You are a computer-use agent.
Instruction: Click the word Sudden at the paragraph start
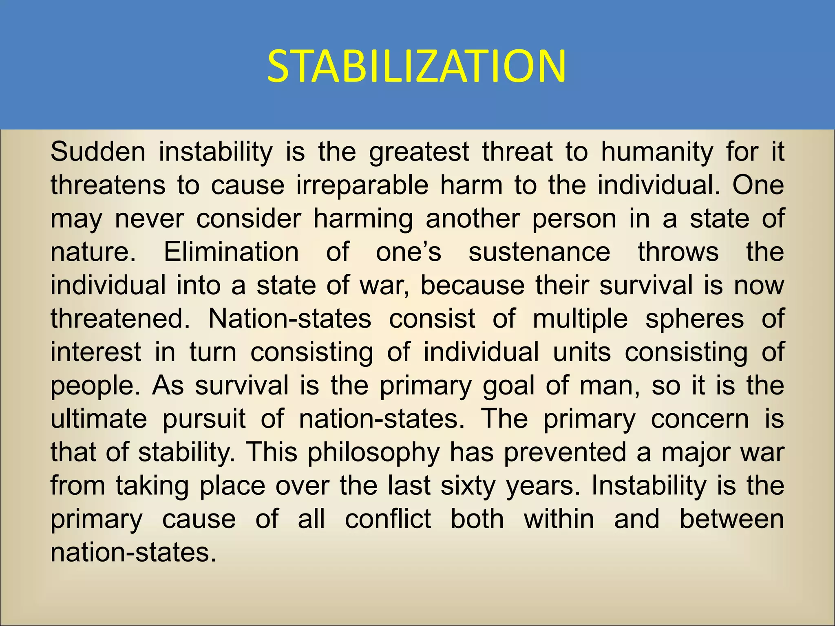98,152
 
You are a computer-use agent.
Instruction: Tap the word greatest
419,152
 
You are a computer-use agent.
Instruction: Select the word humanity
657,152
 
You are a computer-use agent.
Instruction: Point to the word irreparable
362,186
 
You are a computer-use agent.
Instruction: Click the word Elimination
231,252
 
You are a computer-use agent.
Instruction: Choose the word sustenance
539,252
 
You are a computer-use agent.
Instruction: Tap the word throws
678,252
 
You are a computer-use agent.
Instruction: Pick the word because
473,285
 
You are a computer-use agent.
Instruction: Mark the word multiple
580,319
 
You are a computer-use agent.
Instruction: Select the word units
582,352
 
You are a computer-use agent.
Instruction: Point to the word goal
508,386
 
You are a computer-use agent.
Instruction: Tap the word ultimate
99,419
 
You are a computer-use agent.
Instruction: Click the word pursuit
204,419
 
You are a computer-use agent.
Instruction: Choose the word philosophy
374,452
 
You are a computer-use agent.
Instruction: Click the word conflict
388,519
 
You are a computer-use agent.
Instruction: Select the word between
731,519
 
